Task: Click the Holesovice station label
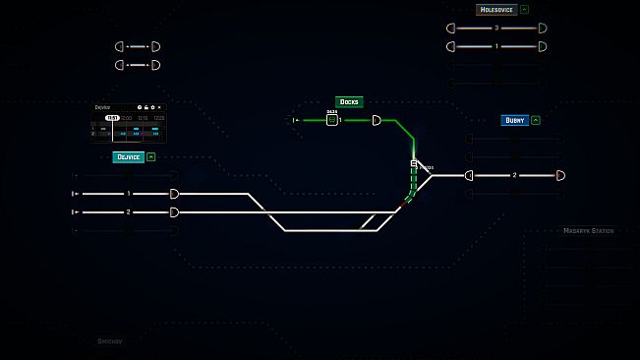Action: [496, 10]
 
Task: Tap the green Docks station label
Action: [349, 101]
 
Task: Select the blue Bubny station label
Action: [514, 120]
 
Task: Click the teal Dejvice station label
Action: [128, 156]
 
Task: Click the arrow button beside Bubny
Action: [535, 120]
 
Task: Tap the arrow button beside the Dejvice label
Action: [151, 156]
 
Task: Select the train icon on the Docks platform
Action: [332, 120]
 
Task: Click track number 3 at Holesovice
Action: [496, 28]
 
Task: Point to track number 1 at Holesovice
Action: [496, 46]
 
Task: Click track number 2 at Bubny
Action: [514, 175]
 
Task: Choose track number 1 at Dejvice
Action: [129, 194]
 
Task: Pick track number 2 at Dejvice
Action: [129, 211]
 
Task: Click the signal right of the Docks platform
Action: [377, 120]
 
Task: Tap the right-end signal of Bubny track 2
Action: [560, 175]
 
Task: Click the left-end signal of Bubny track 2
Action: [469, 175]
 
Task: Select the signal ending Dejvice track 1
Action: [175, 194]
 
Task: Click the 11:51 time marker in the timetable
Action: [113, 118]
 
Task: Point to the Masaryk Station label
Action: [588, 231]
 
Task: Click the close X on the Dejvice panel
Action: [159, 106]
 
